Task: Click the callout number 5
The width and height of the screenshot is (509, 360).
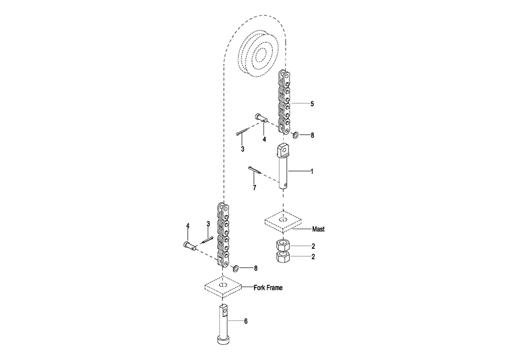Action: point(312,104)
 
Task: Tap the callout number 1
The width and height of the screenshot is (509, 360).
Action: point(312,170)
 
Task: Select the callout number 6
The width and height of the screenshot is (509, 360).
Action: point(246,321)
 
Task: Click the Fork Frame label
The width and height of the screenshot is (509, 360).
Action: point(268,288)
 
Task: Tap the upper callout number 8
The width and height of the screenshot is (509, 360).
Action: point(312,136)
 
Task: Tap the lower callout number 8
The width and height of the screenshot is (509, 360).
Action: point(256,268)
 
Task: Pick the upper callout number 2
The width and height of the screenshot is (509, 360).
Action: point(312,246)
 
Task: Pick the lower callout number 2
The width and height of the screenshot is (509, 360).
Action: point(312,257)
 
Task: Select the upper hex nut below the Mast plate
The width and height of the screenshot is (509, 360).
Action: point(282,246)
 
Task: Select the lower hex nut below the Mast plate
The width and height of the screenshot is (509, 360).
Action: point(282,258)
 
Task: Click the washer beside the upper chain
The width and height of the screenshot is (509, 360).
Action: point(296,135)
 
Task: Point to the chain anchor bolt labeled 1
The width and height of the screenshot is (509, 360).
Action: point(284,166)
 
